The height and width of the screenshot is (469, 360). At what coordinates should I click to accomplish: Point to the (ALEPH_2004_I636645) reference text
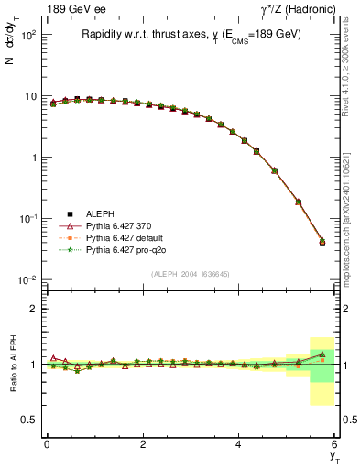click(191, 275)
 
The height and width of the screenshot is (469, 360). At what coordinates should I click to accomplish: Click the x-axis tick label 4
click(238, 444)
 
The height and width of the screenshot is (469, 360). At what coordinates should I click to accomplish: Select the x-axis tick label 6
click(334, 444)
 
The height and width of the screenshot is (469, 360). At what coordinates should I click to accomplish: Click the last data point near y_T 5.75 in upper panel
click(322, 243)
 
